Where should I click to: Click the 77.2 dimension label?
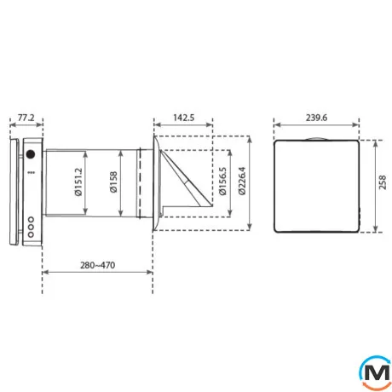click(x=26, y=118)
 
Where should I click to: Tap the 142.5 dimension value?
click(x=184, y=118)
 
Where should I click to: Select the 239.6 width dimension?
click(x=316, y=118)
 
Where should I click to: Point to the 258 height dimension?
click(x=383, y=182)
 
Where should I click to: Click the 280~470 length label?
click(x=97, y=265)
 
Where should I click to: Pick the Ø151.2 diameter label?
click(x=78, y=182)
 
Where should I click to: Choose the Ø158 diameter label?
click(x=113, y=182)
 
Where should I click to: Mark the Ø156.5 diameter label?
click(x=222, y=182)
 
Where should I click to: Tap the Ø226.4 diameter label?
click(x=242, y=182)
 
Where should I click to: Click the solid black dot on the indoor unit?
click(x=31, y=154)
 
